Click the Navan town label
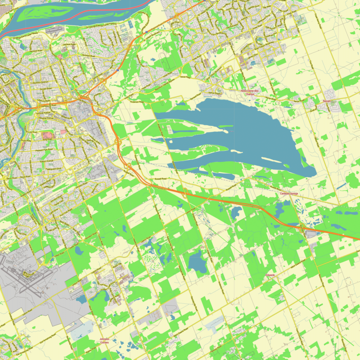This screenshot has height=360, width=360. point(327,102)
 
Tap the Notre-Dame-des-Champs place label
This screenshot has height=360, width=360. point(251,92)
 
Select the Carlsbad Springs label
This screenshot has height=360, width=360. point(289,193)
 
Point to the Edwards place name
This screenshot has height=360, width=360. point(270,274)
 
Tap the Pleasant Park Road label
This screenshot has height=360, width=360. point(44,148)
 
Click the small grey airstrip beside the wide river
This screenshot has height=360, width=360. point(54,31)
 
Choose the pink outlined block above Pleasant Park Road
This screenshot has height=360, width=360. point(48,135)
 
